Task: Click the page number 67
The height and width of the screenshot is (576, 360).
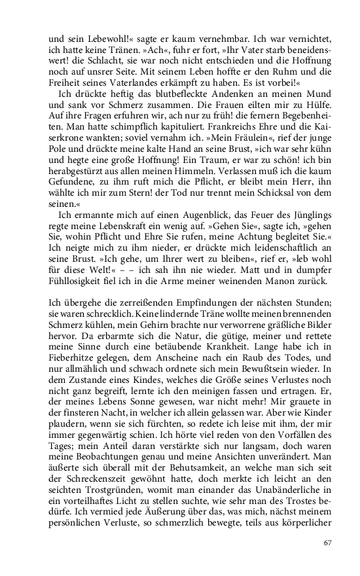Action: click(329, 543)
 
